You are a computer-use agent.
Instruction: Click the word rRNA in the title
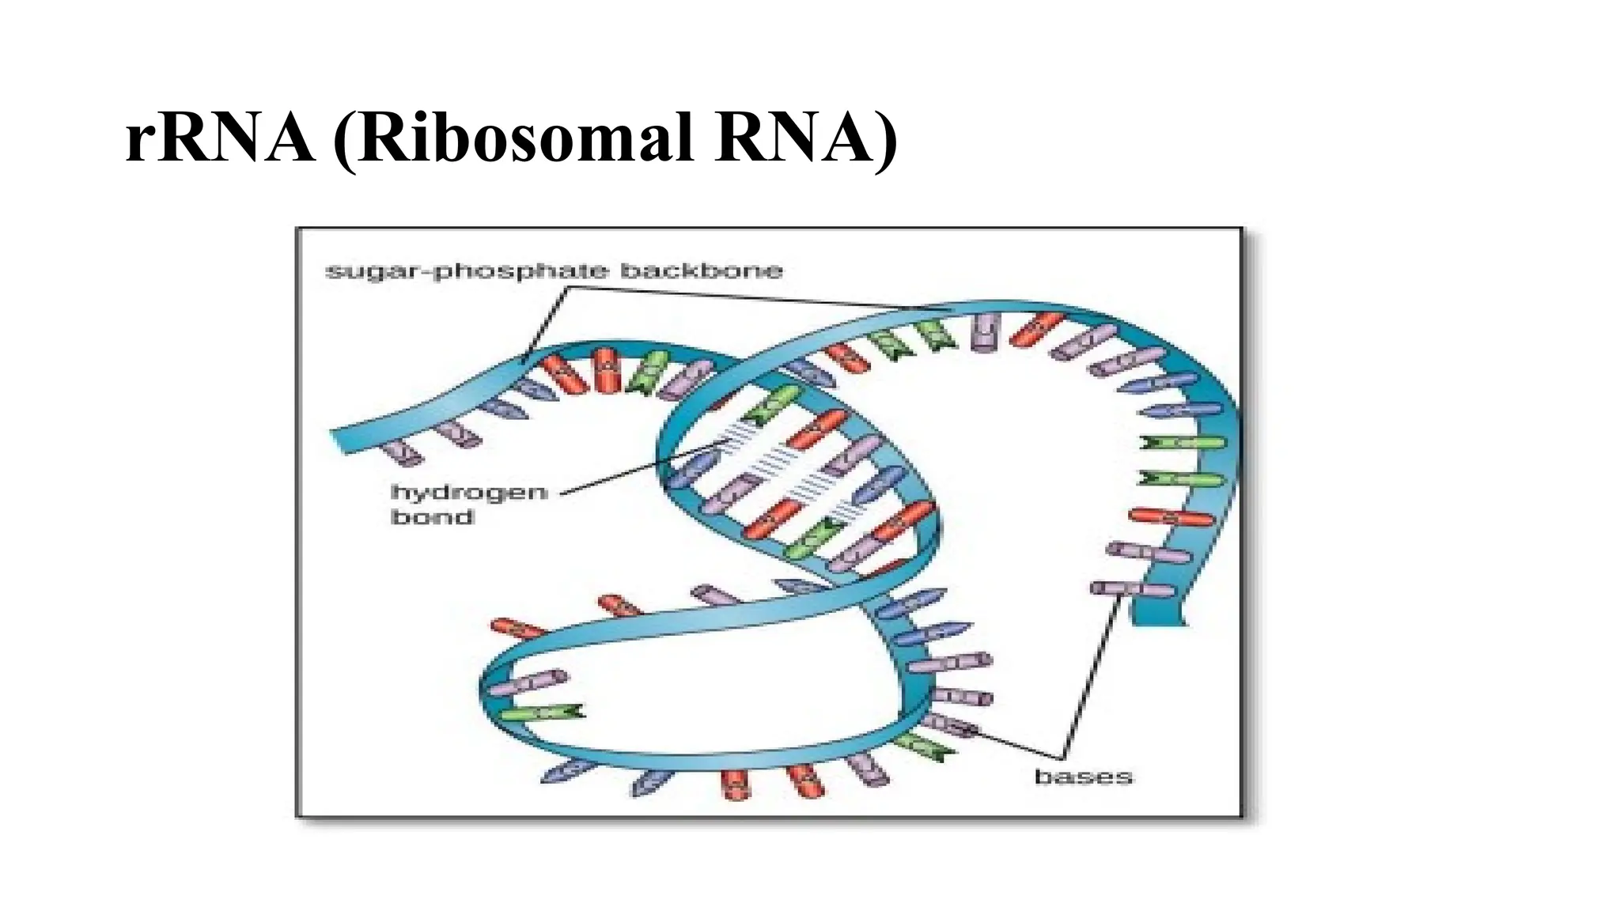coord(220,139)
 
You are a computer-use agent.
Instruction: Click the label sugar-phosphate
coord(467,271)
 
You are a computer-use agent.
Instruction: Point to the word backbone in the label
coord(701,271)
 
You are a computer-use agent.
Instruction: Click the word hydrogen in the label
coord(469,493)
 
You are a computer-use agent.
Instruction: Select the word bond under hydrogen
coord(433,518)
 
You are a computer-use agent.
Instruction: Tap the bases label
coord(1083,777)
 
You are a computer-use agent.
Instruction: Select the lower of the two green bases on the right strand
coord(1181,478)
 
